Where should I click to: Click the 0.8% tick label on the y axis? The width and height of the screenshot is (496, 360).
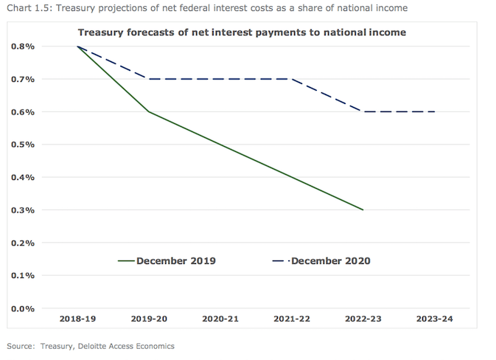[x=24, y=46]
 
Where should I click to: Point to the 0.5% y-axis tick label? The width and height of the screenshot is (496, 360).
[x=24, y=145]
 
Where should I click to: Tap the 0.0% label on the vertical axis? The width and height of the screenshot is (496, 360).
[x=24, y=308]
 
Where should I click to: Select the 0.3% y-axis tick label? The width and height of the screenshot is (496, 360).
[x=24, y=210]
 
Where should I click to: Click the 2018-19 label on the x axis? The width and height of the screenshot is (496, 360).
[x=78, y=319]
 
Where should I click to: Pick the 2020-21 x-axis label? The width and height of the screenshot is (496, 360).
[x=220, y=319]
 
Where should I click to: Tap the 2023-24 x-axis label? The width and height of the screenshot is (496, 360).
[x=434, y=319]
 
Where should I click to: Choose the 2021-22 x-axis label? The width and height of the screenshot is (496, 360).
[x=292, y=319]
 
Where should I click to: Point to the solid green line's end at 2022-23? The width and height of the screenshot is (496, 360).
[x=363, y=210]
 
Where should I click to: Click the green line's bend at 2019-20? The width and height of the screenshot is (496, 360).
[x=149, y=112]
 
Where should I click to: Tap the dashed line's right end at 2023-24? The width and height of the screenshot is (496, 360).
[x=434, y=112]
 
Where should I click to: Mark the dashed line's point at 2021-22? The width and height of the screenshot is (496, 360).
[x=292, y=79]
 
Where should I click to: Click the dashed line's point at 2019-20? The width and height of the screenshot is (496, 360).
[x=149, y=79]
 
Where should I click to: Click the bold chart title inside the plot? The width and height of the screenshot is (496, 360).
[x=242, y=32]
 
